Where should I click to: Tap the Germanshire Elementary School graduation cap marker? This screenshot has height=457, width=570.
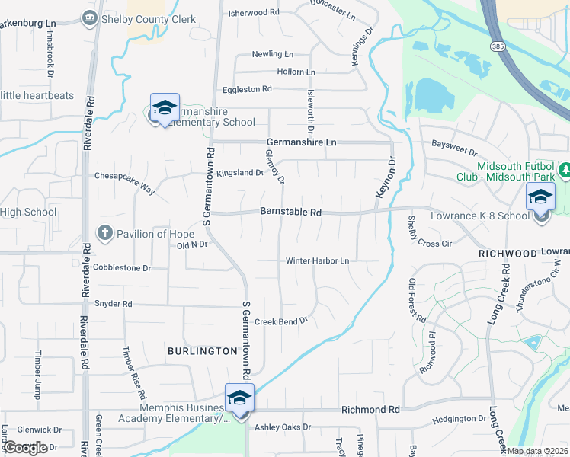point(164,107)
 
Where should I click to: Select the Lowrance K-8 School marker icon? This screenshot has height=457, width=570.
point(540,197)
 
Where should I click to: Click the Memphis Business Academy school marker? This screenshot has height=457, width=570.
point(239,399)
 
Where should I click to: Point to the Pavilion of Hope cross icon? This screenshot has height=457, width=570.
point(104,232)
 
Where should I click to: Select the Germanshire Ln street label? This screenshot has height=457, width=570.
point(301,142)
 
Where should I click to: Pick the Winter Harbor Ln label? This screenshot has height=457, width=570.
point(317,261)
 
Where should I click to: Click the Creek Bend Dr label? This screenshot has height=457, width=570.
point(280,321)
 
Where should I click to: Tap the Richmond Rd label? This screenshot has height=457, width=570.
point(370,410)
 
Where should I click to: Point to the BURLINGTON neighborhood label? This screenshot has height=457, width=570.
point(203,351)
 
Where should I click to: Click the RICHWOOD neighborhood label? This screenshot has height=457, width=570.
point(508,252)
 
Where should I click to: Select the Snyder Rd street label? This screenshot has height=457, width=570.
point(113,304)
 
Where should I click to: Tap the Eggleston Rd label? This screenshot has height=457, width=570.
point(246,89)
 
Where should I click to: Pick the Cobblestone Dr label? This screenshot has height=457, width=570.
point(122,268)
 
